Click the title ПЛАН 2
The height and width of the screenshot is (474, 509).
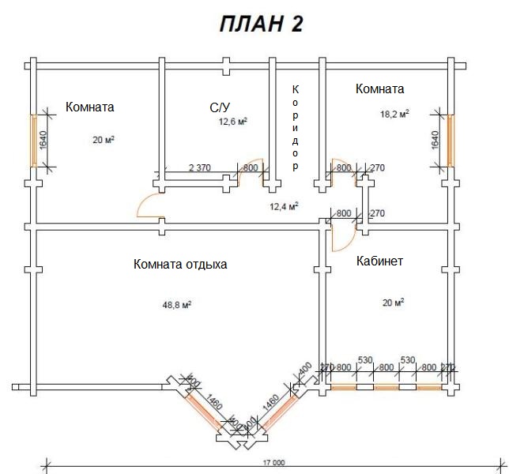coord(261,24)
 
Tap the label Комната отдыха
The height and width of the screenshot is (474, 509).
coord(180,264)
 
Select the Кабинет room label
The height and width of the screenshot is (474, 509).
coord(379,261)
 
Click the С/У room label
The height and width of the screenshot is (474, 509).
coord(221,107)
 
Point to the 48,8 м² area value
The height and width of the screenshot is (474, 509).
coord(178,303)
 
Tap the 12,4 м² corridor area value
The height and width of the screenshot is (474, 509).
coord(284,207)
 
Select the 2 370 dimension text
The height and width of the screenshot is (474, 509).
coord(199,167)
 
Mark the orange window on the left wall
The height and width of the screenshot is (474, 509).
coord(33,140)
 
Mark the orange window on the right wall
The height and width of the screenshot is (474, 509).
coord(451,140)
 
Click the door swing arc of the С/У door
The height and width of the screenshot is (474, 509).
coord(251,175)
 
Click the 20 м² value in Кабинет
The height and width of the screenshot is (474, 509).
coord(393,302)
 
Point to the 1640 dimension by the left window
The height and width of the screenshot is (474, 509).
coord(43,140)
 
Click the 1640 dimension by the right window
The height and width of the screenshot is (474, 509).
coord(435,140)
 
